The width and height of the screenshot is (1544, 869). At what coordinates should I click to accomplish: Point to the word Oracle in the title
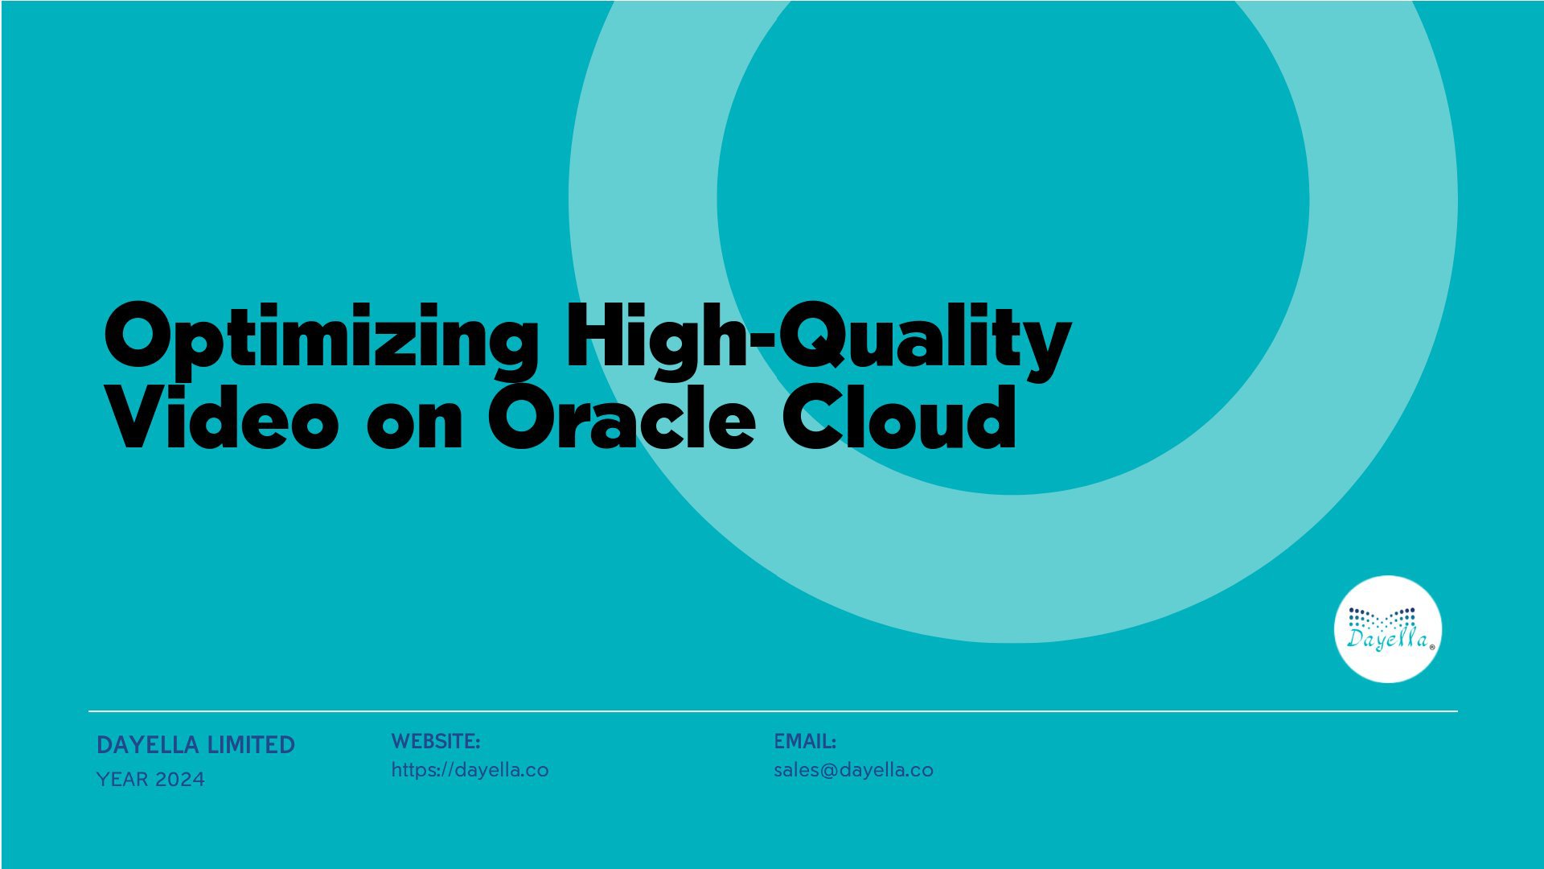621,417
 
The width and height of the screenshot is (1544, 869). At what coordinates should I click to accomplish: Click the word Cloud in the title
900,417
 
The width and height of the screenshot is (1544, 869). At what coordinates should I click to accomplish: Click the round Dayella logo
1387,629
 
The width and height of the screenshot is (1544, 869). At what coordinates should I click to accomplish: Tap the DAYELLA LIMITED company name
195,745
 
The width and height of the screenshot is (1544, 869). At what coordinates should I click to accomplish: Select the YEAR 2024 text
150,780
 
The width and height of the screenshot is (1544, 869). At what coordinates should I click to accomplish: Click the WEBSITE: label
435,741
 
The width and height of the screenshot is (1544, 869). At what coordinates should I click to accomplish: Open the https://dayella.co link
470,770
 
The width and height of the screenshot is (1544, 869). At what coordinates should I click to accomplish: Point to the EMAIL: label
805,741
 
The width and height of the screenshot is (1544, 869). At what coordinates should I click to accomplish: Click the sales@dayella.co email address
853,770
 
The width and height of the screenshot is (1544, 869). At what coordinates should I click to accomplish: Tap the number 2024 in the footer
180,780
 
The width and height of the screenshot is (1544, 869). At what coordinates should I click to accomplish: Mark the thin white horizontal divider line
773,711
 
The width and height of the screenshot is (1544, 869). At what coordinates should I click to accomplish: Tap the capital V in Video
142,418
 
